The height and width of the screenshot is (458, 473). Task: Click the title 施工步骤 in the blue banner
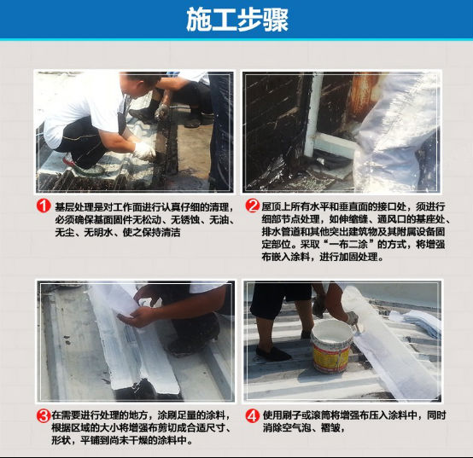point(237,20)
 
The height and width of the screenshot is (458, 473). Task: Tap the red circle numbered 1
point(44,206)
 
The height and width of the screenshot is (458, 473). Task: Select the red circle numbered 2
point(252,206)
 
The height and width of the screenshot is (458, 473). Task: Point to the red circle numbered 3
point(44,416)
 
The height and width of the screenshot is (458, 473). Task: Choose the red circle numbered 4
point(252,416)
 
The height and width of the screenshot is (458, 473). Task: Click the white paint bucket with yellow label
point(332,346)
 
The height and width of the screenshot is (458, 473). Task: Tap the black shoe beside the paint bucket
point(273,353)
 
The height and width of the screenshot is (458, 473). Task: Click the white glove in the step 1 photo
point(144,151)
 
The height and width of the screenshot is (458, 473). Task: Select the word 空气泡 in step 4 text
point(296,427)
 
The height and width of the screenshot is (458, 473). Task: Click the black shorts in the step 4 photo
point(281,299)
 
